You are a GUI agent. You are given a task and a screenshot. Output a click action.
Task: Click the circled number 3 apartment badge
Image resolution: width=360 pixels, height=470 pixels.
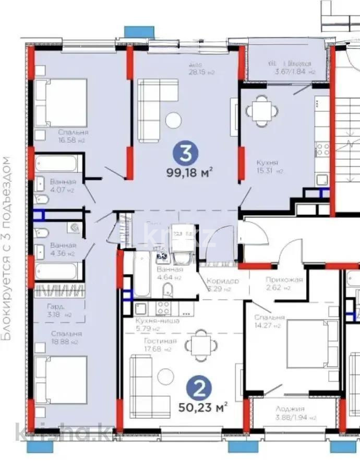(x=184, y=154)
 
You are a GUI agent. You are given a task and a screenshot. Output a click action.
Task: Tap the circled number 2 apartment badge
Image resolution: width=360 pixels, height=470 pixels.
(x=198, y=388)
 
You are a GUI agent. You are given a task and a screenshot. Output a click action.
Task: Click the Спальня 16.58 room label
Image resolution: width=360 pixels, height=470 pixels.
(x=73, y=136)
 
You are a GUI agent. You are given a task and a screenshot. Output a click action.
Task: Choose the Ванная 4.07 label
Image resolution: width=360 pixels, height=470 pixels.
(x=63, y=186)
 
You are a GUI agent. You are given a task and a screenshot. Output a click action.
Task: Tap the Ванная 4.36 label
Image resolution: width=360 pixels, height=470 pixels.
(x=63, y=249)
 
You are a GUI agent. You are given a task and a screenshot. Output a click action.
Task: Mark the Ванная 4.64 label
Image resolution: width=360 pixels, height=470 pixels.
(x=170, y=273)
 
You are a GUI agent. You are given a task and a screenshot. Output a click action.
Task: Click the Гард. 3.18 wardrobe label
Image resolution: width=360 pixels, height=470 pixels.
(x=59, y=311)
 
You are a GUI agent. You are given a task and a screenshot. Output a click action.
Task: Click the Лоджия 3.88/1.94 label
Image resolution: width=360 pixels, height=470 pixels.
(x=291, y=413)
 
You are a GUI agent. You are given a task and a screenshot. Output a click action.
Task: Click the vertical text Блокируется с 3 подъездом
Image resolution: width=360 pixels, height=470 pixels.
(x=7, y=248)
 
